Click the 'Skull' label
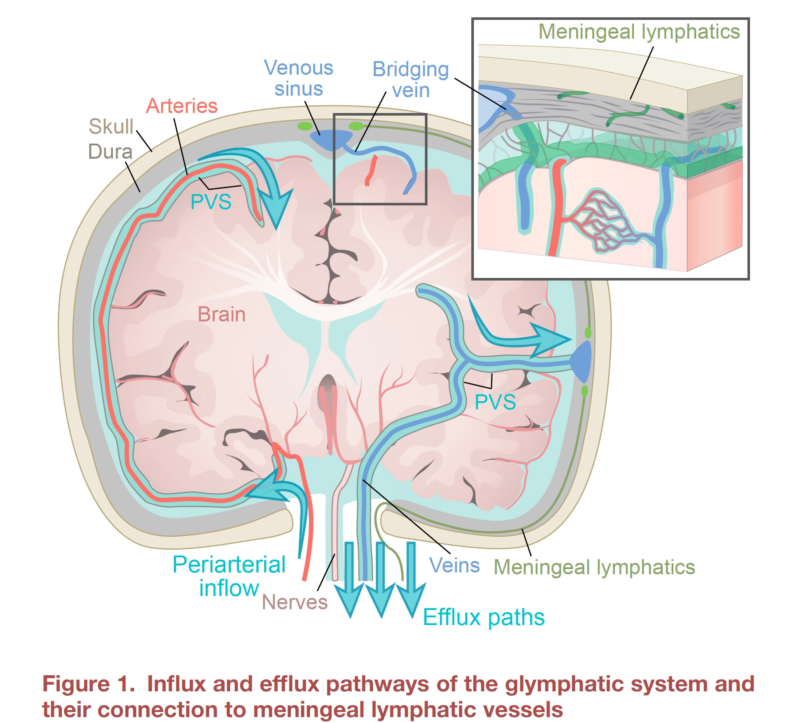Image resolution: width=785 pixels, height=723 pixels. point(111,126)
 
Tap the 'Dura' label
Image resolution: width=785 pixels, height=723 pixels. point(110,151)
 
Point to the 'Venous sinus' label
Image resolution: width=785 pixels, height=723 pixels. point(299,78)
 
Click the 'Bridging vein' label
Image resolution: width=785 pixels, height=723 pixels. point(411,80)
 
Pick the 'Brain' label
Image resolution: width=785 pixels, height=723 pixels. point(222,314)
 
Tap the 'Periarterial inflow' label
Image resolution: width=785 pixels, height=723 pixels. point(229,576)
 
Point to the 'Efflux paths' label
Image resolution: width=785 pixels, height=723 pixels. point(484,617)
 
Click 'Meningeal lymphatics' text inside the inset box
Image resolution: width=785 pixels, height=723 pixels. point(639,31)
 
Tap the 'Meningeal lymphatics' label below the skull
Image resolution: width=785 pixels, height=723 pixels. point(594,567)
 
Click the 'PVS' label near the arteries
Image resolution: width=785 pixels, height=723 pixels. point(211,202)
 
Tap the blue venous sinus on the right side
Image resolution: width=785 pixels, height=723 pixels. point(583,361)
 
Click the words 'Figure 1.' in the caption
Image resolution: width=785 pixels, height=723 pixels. point(88,684)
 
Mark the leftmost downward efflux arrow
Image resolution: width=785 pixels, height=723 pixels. point(349,579)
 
